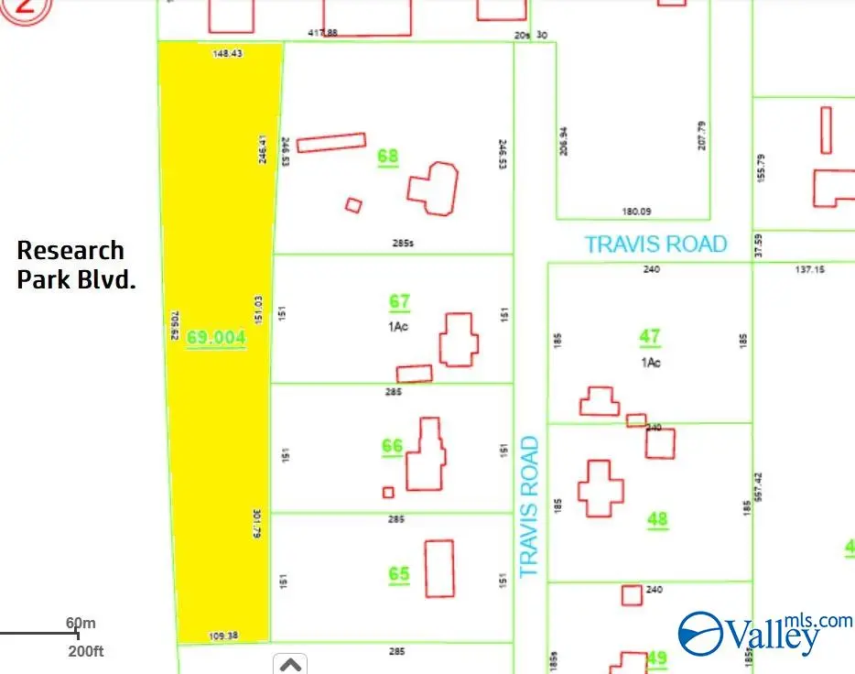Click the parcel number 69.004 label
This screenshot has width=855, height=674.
pos(216,337)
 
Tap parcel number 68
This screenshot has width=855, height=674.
pos(388,156)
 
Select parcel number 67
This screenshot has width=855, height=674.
pos(399,300)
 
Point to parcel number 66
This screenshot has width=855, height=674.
pos(392,446)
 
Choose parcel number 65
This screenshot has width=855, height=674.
pos(399,574)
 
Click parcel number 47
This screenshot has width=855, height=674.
pos(650,336)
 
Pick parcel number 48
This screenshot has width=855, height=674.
pos(657,519)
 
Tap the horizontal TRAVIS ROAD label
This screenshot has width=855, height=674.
pos(655,245)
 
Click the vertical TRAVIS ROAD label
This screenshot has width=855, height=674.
pos(528,506)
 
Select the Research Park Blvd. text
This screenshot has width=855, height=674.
pos(76,265)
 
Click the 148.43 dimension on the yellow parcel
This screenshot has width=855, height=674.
pos(227,54)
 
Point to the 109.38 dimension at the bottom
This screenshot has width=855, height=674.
pos(223,636)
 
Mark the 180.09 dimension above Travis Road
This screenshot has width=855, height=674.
pos(636,212)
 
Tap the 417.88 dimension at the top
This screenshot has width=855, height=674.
pos(323,33)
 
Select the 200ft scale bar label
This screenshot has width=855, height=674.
pos(87,651)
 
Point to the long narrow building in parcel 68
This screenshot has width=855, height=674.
pos(331,142)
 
